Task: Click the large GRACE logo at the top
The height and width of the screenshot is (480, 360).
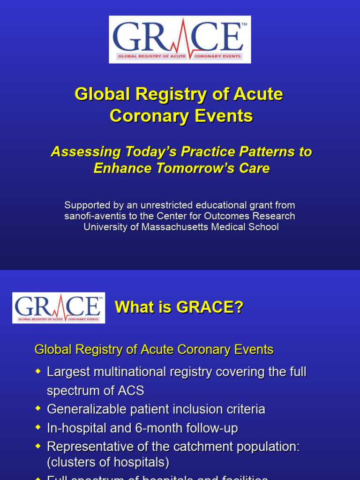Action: [x=180, y=39]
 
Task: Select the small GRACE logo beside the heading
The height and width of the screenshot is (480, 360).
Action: [x=59, y=307]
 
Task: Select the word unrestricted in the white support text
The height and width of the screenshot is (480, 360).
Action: [x=165, y=205]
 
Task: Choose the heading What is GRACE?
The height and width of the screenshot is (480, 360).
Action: [x=179, y=307]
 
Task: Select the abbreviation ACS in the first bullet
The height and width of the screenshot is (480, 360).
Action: [x=130, y=390]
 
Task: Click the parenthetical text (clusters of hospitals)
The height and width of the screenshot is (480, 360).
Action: [x=108, y=463]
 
